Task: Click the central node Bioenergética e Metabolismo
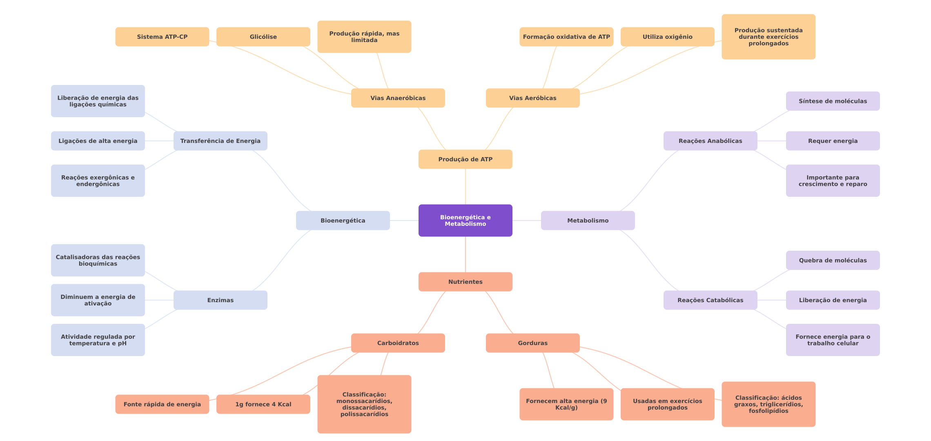[465, 220]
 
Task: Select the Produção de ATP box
[465, 159]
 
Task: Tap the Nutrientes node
[465, 282]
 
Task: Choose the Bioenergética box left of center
[343, 220]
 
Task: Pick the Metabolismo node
[588, 220]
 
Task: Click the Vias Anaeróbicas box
[398, 98]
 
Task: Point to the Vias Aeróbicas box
[533, 98]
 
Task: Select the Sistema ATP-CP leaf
[162, 37]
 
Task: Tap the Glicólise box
[263, 37]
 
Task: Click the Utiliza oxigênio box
[668, 37]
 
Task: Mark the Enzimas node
[220, 300]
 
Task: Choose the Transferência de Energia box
[220, 141]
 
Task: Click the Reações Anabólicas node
[710, 141]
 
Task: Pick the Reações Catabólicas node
[710, 300]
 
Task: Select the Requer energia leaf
[833, 141]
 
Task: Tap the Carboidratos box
[398, 343]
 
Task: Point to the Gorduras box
[533, 343]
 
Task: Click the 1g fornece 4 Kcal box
[263, 404]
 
